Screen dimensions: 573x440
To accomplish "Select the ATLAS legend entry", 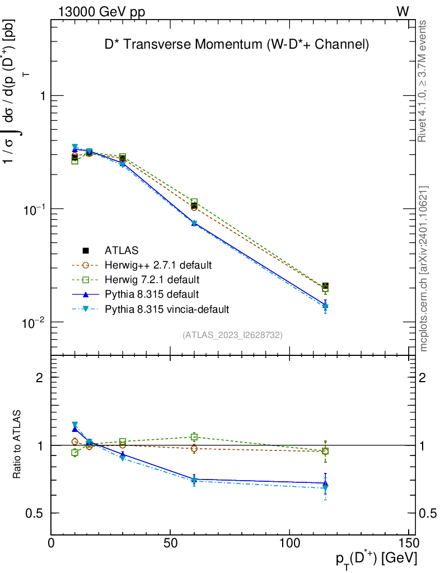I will point(121,250).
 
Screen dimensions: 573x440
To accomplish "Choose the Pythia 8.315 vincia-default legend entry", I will point(166,308).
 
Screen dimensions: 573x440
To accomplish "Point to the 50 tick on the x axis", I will point(170,543).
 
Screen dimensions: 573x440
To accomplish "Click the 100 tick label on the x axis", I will point(289,543).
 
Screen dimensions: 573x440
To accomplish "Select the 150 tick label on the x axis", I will point(409,543).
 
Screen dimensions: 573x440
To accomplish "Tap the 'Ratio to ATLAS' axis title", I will point(17,444).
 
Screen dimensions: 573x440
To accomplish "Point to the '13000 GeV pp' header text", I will point(101,12).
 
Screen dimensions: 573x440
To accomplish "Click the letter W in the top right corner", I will point(402,12).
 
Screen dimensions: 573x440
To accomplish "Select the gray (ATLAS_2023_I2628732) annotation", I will point(232,335).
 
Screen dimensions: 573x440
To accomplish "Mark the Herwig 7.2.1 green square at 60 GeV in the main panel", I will point(194,202).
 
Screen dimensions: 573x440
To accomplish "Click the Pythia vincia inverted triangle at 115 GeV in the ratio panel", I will point(325,489).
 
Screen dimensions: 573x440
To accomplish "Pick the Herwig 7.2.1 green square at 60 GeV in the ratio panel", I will point(194,436).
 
